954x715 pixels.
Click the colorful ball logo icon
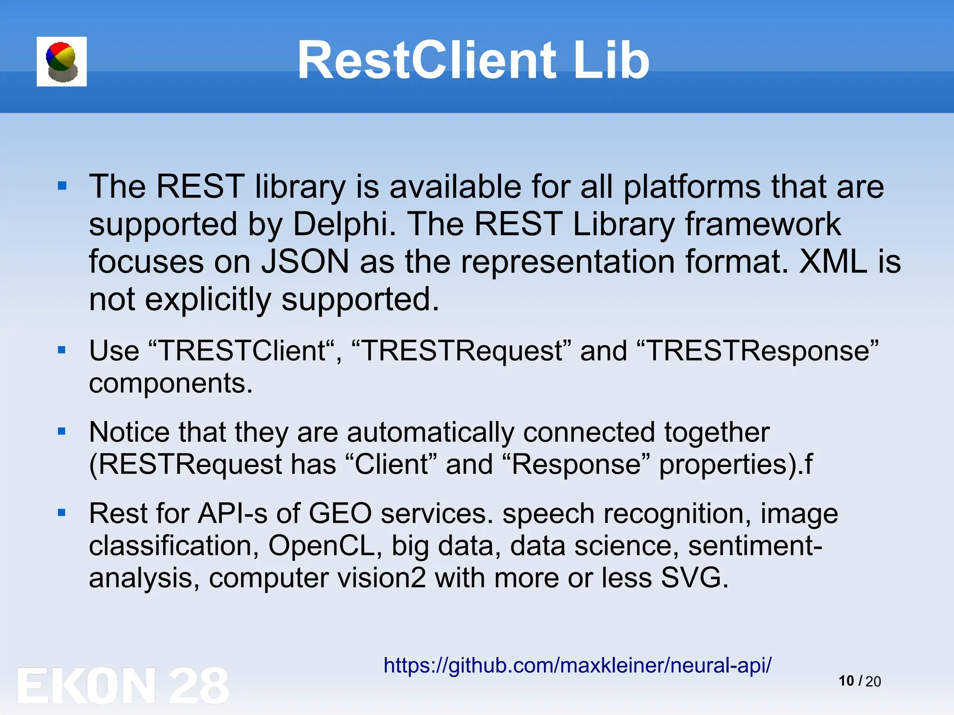pos(61,61)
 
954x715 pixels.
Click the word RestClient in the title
pos(426,61)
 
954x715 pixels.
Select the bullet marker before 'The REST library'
pos(62,187)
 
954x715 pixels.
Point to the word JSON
pos(305,262)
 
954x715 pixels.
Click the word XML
pos(833,262)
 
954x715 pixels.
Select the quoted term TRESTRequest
pos(462,351)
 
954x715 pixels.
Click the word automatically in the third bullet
pos(431,432)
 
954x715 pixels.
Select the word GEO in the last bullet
pos(340,513)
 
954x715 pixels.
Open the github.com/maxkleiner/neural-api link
pos(578,665)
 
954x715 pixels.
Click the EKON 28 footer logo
pos(123,685)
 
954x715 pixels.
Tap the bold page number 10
pos(846,681)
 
